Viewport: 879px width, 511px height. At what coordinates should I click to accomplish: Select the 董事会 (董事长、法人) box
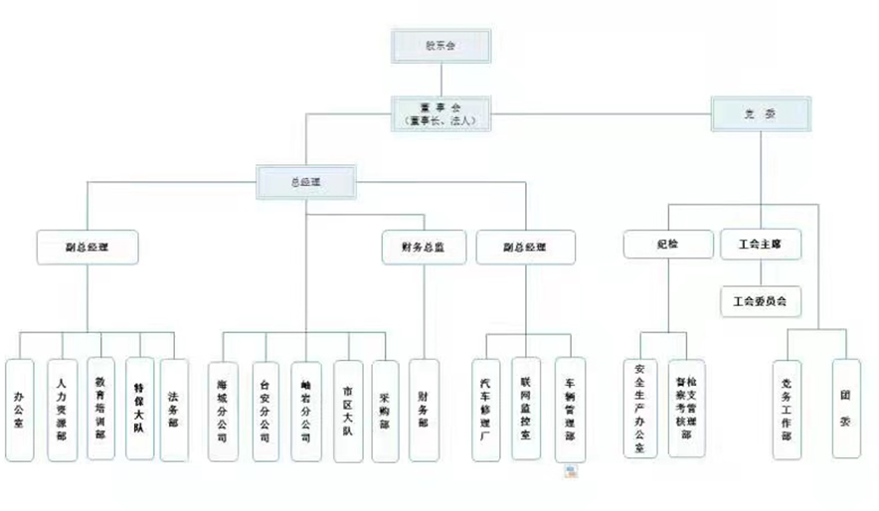point(441,111)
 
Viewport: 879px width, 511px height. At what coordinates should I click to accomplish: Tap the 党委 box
point(761,113)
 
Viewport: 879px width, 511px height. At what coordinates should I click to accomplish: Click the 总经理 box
point(305,182)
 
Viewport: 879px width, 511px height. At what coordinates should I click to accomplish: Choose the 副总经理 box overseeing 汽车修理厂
point(524,247)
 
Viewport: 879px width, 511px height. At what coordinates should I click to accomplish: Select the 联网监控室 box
point(526,408)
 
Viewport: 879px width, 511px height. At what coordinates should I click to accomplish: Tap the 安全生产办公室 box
point(640,408)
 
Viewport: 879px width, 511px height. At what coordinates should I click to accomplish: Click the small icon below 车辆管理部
point(572,472)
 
